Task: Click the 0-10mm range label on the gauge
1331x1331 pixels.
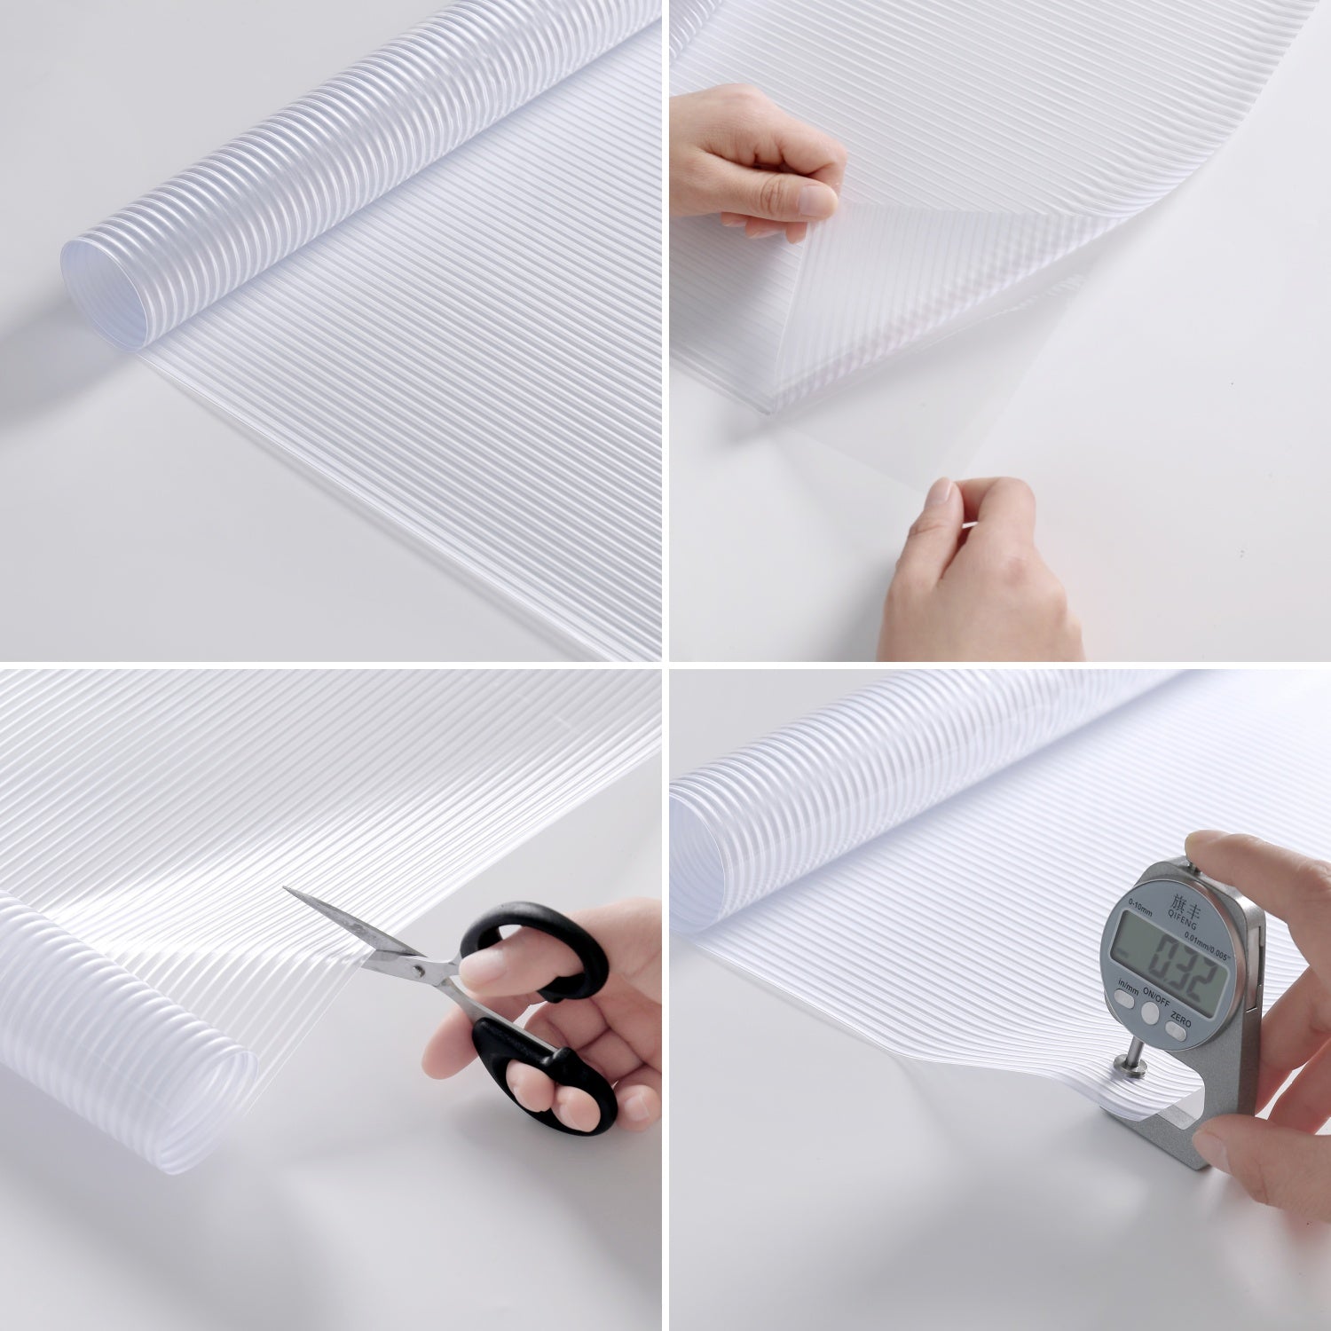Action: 1115,902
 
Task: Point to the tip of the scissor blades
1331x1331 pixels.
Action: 287,891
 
